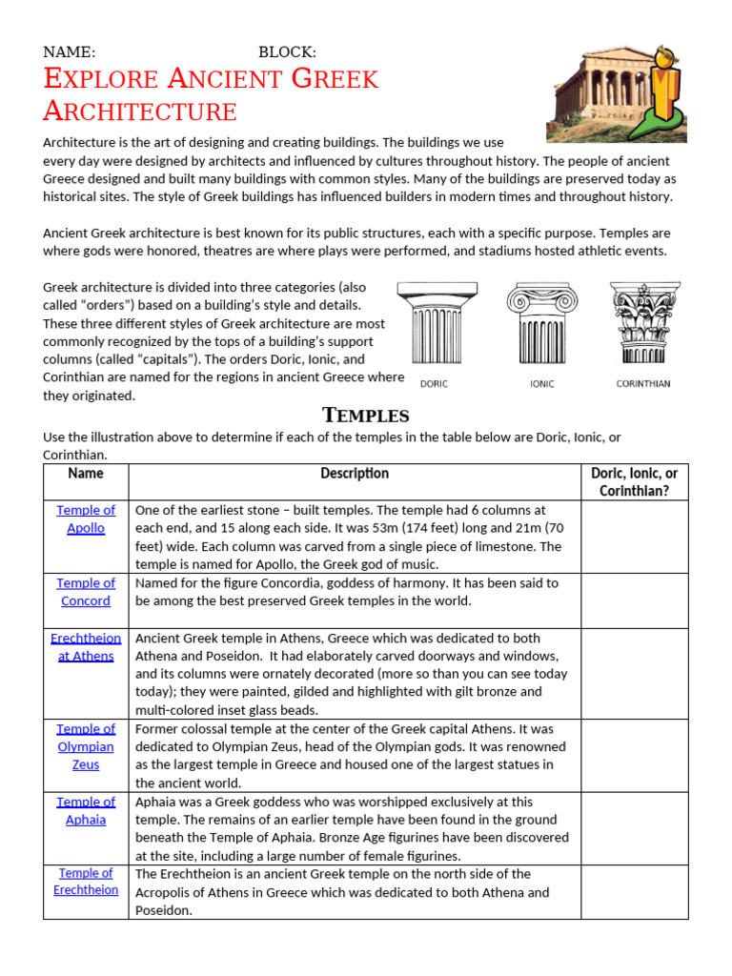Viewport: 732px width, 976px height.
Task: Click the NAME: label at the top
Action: pos(69,52)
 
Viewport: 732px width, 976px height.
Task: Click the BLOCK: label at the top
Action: pos(287,52)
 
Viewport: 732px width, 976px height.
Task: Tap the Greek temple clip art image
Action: pos(617,92)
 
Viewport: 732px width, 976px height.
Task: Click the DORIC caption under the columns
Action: pos(434,384)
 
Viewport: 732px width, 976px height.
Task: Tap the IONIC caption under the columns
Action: pos(541,384)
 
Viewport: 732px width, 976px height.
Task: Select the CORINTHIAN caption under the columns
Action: pos(642,384)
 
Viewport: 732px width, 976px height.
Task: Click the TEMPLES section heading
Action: pos(366,415)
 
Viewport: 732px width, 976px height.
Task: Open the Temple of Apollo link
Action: pos(86,519)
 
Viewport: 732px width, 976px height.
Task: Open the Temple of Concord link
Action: pos(86,592)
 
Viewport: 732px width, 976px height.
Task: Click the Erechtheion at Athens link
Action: pos(86,647)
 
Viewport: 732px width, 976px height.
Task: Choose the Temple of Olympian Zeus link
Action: pos(86,746)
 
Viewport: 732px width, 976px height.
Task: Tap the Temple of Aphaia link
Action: pos(86,810)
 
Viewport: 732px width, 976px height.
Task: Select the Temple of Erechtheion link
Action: pos(86,882)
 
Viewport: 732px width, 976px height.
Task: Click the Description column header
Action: pos(355,474)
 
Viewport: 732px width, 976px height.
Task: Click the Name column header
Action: pos(86,474)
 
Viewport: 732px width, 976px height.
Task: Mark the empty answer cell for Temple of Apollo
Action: pos(634,537)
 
